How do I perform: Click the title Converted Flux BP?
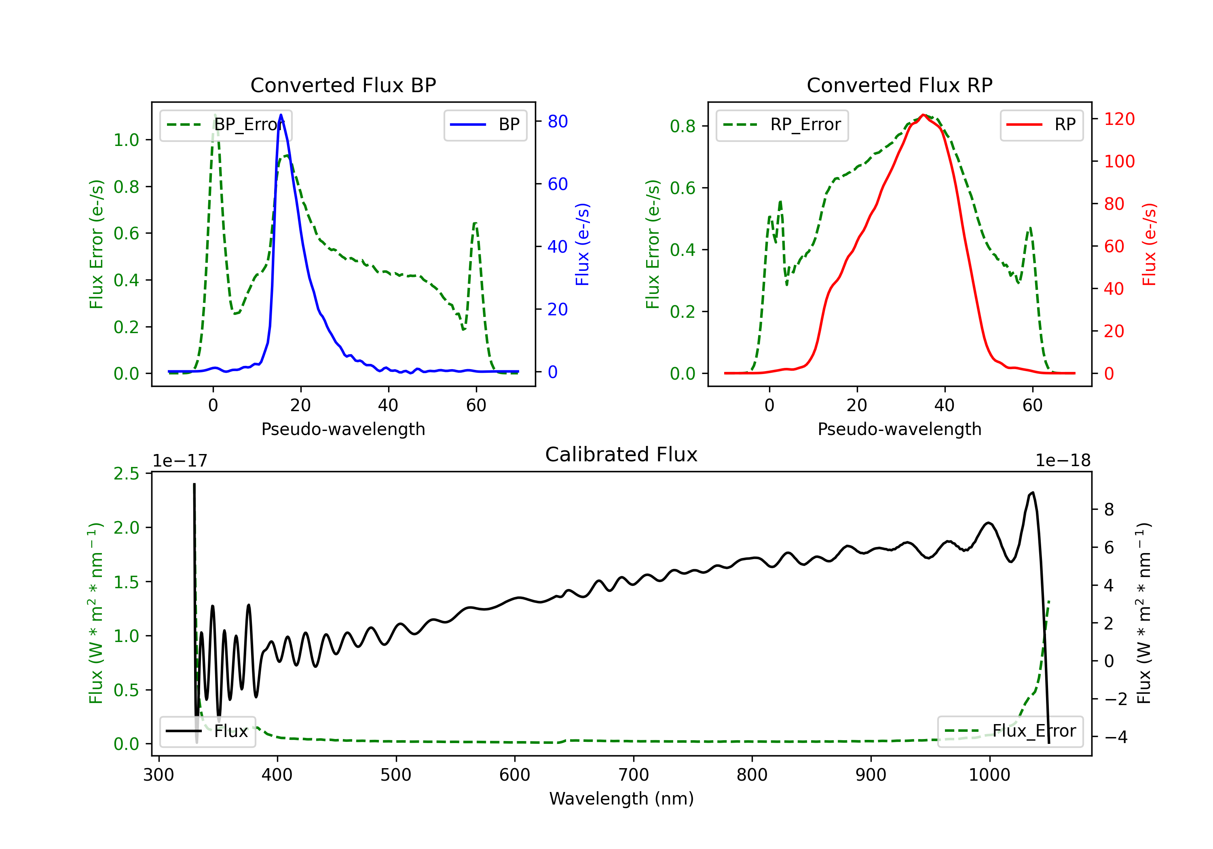pos(343,85)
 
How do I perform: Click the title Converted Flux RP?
pos(899,85)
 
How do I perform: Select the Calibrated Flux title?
pos(621,454)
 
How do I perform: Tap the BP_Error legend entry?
pos(226,125)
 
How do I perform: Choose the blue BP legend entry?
pos(485,125)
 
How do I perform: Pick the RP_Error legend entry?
pos(782,125)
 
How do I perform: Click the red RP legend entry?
pos(1041,125)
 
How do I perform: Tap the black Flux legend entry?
pos(207,731)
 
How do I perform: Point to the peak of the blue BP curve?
pos(281,115)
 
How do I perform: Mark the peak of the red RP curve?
pos(923,115)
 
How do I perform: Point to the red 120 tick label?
pos(1119,119)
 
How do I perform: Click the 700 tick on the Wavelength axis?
pos(634,775)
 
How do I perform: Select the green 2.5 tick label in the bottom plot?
pos(126,474)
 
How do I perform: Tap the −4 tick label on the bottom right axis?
pos(1115,737)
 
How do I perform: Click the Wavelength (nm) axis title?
pos(621,798)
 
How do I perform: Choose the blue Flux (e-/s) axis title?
pos(582,244)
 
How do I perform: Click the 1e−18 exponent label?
pos(1063,461)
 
